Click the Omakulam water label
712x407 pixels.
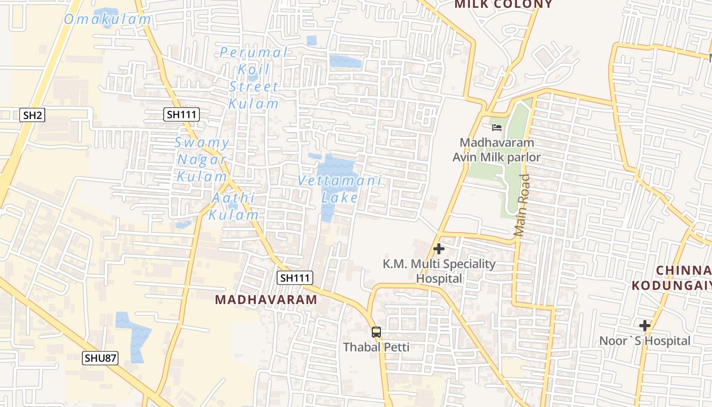108,19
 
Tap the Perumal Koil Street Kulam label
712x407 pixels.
254,78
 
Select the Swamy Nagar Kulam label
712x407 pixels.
202,160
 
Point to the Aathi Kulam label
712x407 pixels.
234,206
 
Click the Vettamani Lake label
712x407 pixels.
339,189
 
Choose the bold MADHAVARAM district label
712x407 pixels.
266,300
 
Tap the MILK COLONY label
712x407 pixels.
503,5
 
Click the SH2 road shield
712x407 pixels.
33,115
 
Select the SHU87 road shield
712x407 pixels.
100,358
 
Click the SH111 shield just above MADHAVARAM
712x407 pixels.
295,278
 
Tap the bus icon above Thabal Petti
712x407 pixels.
376,332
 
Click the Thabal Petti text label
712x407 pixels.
376,347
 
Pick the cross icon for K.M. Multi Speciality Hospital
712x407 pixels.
439,249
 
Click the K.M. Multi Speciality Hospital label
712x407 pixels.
439,271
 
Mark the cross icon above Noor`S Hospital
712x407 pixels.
645,326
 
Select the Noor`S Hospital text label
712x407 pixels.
645,341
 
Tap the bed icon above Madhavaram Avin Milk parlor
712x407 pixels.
497,128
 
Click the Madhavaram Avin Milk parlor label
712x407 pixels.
497,150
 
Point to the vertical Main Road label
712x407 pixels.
522,206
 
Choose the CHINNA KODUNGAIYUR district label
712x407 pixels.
671,278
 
